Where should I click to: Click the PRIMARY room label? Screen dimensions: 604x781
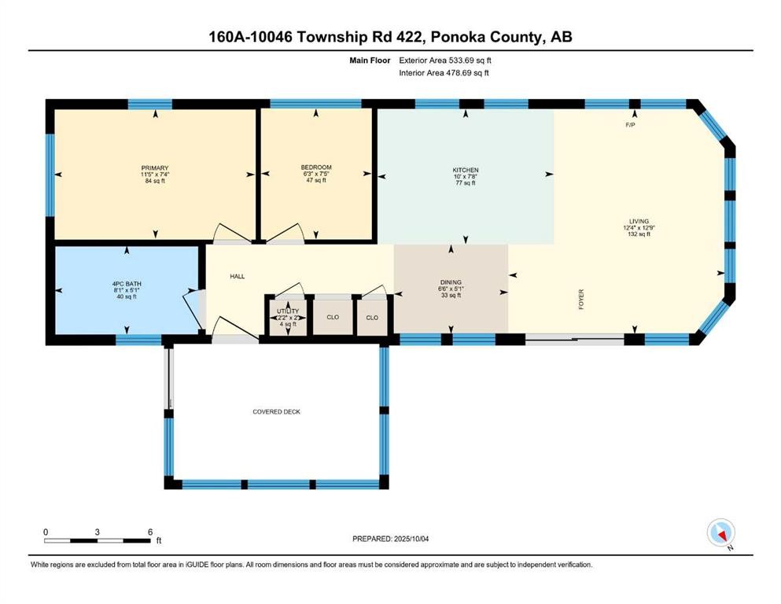click(155, 168)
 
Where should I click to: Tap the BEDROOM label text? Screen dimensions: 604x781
click(316, 168)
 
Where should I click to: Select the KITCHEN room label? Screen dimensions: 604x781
click(466, 171)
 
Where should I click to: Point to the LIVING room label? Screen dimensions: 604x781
click(638, 222)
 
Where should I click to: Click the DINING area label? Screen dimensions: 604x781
click(451, 282)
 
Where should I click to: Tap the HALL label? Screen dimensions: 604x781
click(238, 277)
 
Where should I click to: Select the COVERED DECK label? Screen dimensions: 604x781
click(276, 412)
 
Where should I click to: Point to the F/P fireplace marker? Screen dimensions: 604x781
click(630, 125)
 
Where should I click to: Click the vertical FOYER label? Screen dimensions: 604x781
click(581, 300)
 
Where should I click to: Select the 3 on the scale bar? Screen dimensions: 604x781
click(97, 532)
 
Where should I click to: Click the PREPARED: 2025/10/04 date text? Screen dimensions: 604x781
click(393, 539)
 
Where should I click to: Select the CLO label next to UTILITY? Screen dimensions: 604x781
click(332, 318)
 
